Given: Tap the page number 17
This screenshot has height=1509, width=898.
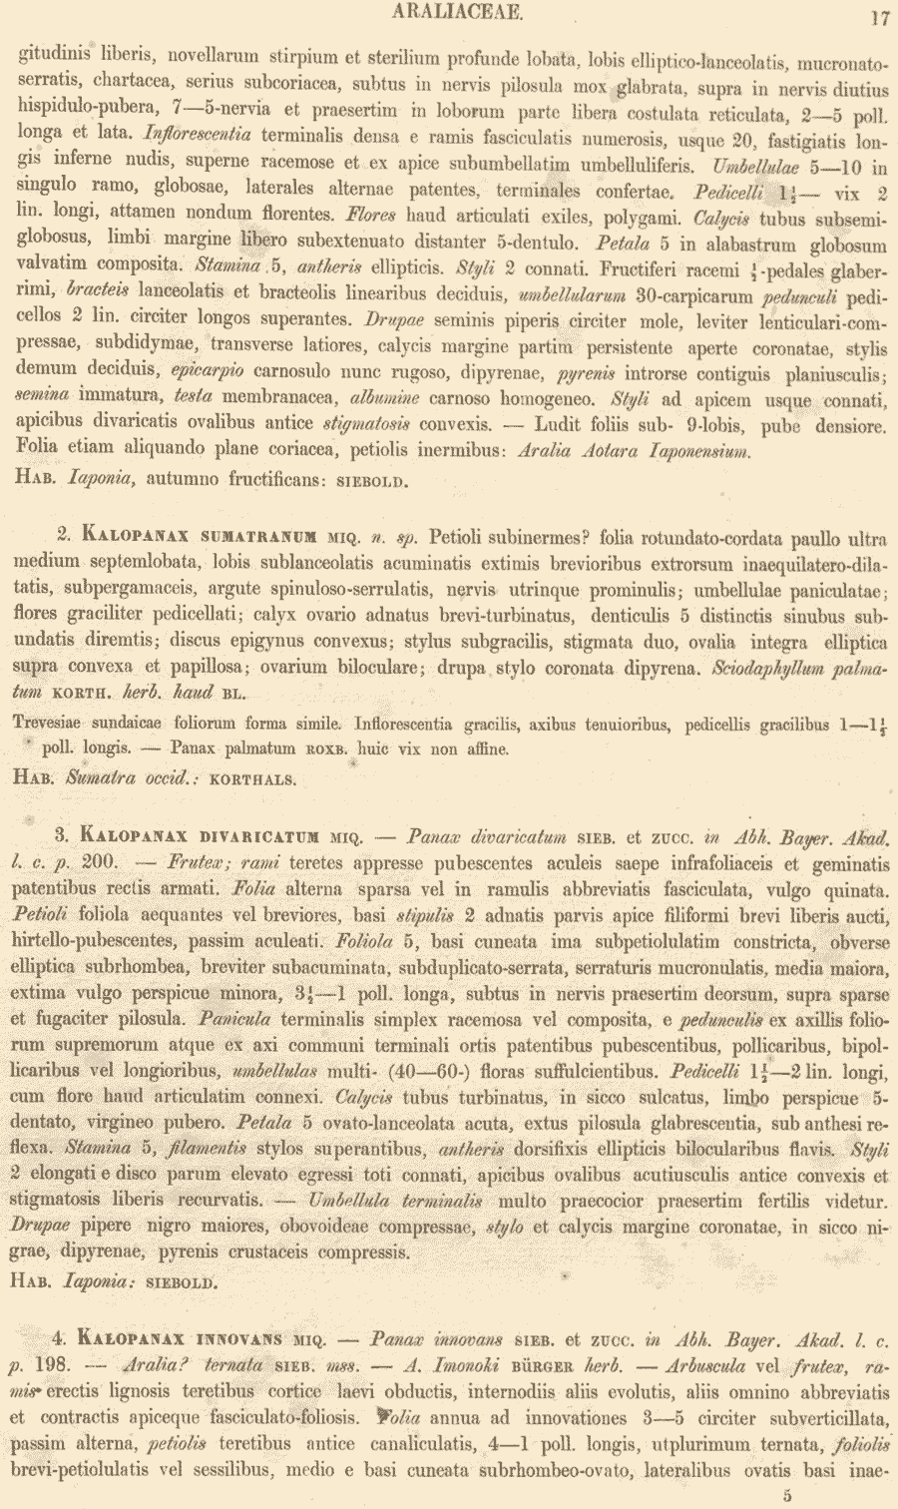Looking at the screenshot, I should [880, 16].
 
